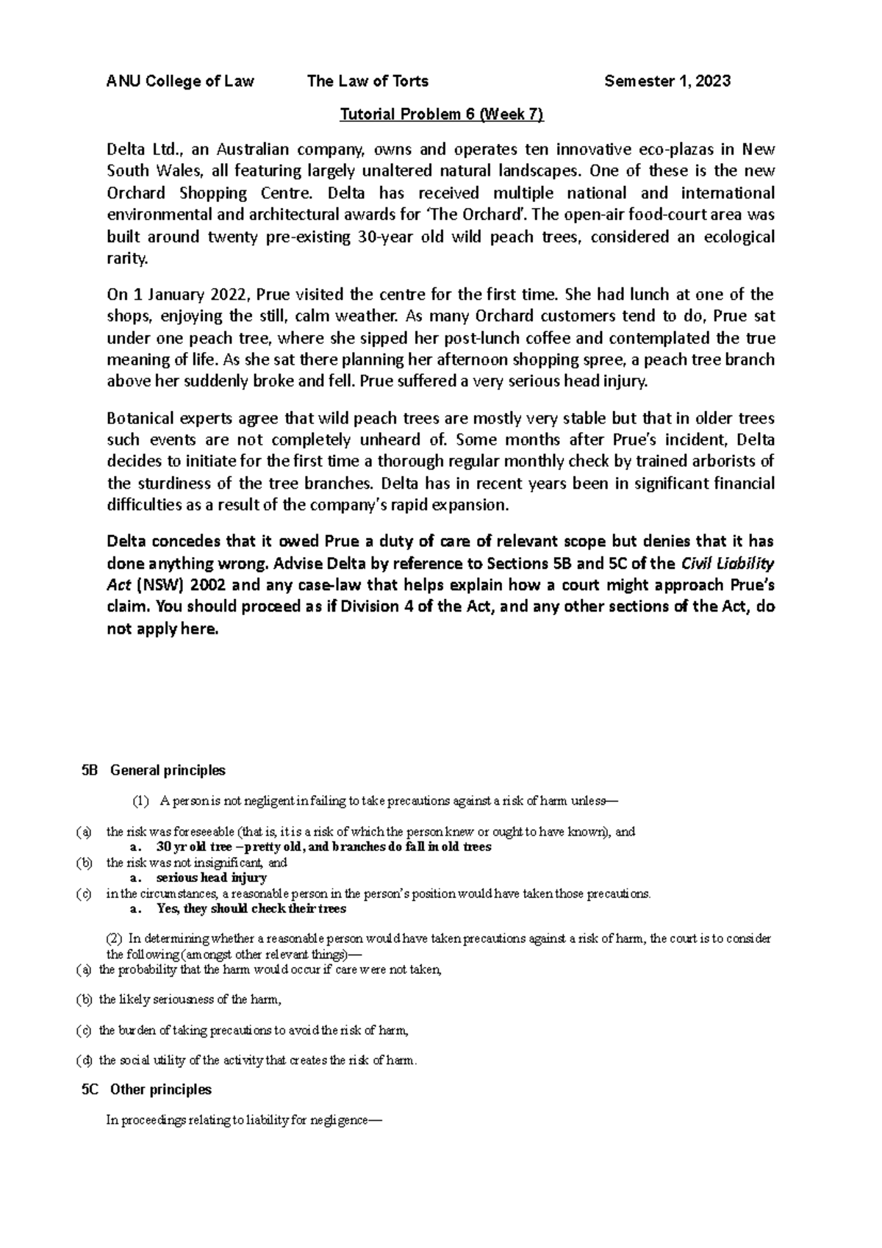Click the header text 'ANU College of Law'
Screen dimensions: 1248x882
[x=180, y=82]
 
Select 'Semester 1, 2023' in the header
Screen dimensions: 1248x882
[x=667, y=82]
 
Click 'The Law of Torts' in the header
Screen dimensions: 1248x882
[x=367, y=82]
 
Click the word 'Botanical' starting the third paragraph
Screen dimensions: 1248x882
[x=140, y=419]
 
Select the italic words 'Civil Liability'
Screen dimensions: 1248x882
[x=728, y=564]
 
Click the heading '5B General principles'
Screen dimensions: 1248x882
[x=154, y=770]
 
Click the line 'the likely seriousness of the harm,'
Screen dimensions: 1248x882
[x=190, y=1000]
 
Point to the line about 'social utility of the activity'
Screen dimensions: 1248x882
[x=257, y=1061]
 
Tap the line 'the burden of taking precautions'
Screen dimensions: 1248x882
[x=253, y=1030]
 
